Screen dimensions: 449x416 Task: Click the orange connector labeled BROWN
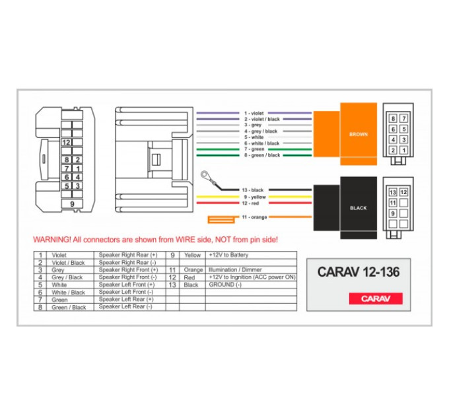pos(345,133)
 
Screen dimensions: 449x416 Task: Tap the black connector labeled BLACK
pos(345,208)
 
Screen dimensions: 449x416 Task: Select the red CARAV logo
pos(376,298)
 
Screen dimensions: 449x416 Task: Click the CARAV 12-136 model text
pos(359,272)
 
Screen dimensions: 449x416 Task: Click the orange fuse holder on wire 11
pos(221,220)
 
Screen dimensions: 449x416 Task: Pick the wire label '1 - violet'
pos(254,114)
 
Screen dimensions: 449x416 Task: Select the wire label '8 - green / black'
pos(262,155)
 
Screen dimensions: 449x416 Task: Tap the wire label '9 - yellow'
pos(255,197)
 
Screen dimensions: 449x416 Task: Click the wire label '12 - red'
pos(250,203)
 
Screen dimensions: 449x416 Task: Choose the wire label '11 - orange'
pos(254,217)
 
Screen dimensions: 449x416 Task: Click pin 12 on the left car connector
pos(66,142)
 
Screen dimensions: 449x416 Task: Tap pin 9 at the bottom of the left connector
pos(72,204)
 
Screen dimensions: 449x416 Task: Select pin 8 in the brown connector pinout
pos(393,119)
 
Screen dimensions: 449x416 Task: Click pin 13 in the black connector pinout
pos(393,192)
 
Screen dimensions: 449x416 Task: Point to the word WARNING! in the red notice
pos(52,240)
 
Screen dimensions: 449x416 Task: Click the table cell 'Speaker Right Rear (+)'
pos(127,255)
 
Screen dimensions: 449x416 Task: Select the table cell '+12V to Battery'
pos(228,255)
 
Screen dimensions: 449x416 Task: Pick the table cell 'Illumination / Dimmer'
pos(235,269)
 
